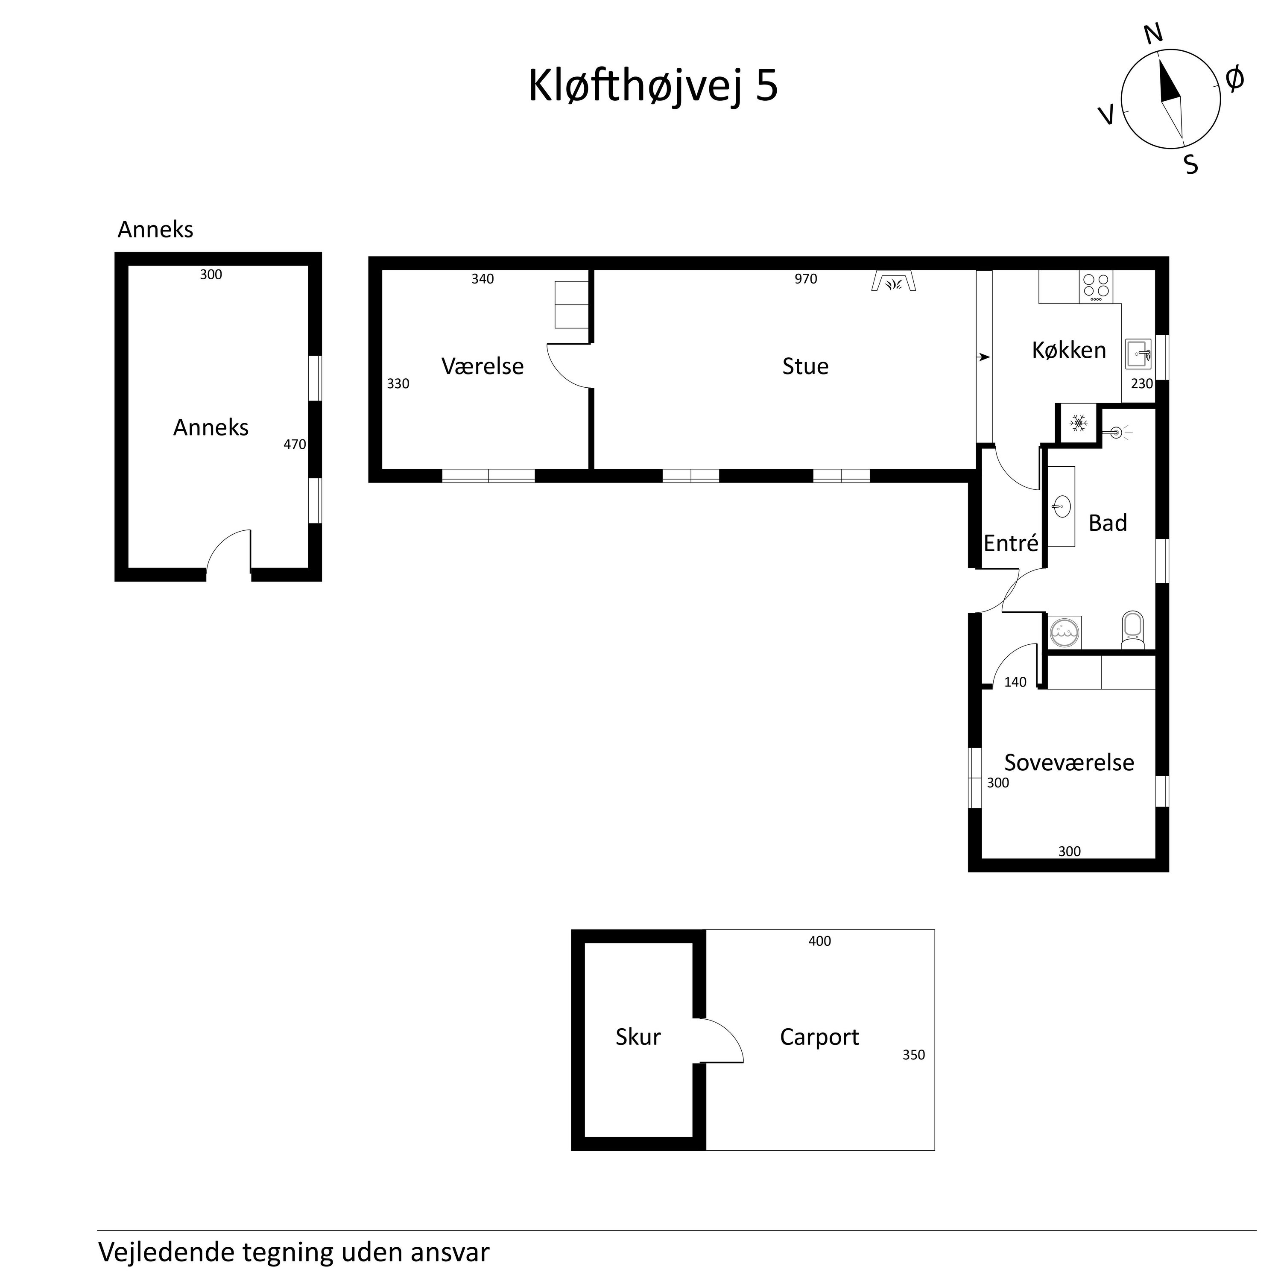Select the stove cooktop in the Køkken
point(1096,287)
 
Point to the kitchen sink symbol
point(1138,354)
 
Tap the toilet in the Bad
point(1132,630)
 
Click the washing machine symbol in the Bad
point(1065,633)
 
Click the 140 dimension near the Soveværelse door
point(1015,682)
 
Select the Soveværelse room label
point(1069,763)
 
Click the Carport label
point(819,1037)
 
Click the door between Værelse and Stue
point(569,366)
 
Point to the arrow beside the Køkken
point(984,357)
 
